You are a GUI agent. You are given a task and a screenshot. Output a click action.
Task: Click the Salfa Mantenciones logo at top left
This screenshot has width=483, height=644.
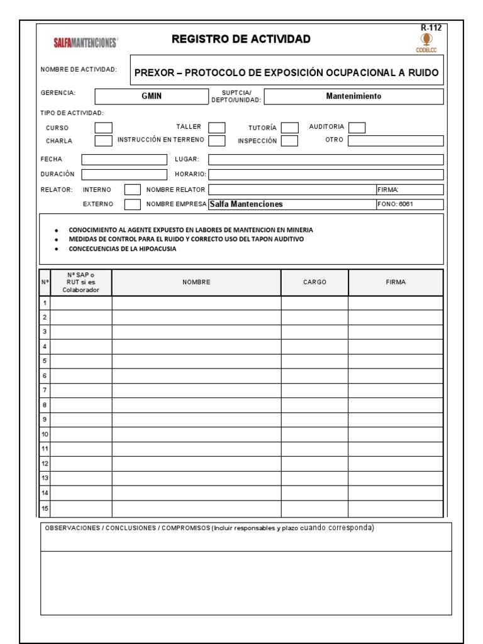click(x=85, y=43)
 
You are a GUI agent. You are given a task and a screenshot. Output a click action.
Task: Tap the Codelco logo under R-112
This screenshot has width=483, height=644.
click(x=431, y=42)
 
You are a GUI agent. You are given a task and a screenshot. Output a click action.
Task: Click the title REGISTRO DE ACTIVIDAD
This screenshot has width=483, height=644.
click(x=241, y=40)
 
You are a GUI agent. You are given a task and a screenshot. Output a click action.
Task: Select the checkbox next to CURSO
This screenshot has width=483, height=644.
click(x=103, y=128)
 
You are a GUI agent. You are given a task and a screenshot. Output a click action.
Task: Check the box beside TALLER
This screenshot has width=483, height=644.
click(x=217, y=128)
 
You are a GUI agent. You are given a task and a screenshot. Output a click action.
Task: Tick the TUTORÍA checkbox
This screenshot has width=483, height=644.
click(x=289, y=128)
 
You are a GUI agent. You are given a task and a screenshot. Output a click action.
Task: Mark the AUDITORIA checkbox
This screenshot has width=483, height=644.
click(x=357, y=128)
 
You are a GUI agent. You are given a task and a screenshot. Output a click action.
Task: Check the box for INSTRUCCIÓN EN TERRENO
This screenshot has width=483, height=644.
click(x=217, y=141)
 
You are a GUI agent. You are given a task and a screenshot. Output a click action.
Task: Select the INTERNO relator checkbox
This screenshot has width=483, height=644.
click(x=132, y=189)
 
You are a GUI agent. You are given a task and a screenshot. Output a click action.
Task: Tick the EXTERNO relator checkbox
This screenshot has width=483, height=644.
click(x=132, y=204)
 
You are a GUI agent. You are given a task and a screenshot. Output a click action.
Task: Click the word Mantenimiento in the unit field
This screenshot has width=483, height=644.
click(x=353, y=96)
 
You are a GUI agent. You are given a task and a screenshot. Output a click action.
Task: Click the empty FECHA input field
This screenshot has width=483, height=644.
click(x=124, y=159)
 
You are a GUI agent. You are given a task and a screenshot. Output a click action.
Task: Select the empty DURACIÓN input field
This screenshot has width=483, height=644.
click(x=124, y=174)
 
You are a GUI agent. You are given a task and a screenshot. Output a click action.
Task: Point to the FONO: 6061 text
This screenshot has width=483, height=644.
click(x=395, y=204)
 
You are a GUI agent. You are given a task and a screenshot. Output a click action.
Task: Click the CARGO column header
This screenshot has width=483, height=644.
click(x=314, y=282)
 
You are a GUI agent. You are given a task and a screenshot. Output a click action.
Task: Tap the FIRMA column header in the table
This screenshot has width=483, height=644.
click(x=396, y=282)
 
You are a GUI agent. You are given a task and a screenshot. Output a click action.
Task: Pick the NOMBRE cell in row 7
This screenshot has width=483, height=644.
click(x=196, y=391)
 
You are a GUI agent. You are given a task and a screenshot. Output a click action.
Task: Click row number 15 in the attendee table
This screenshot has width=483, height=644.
click(x=45, y=508)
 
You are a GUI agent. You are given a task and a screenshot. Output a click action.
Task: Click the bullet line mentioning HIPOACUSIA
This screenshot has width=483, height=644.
click(x=123, y=248)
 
